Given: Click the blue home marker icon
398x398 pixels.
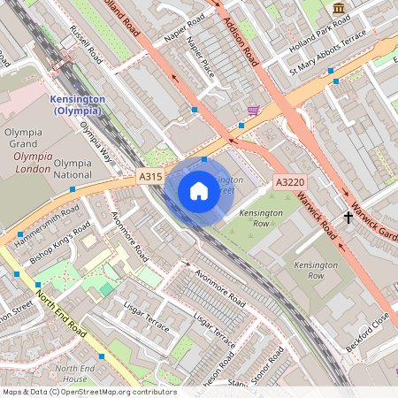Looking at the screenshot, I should pos(199,191).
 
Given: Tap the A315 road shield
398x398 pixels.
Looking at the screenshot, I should pos(151,178).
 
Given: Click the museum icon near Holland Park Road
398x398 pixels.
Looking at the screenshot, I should pos(339,9).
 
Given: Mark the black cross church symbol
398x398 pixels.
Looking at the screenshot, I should pos(348,216).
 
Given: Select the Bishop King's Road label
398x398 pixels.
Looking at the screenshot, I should pos(60,249).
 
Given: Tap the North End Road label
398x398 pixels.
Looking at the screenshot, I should pos(61,310).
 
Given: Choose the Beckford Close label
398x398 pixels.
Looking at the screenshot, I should pos(368,333).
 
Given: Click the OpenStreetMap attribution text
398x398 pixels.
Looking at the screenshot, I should pos(88,392).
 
